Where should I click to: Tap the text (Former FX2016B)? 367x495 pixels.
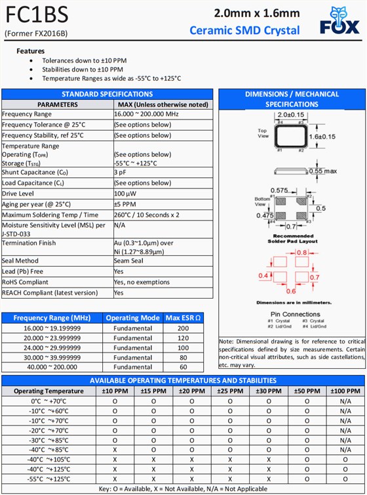coord(36,33)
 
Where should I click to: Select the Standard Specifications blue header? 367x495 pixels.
coord(107,94)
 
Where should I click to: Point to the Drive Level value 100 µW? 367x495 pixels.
coord(125,194)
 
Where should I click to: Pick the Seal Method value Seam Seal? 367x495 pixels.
coord(130,261)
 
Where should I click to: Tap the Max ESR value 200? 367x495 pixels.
coord(183,328)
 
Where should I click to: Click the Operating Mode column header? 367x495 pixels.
coord(132,318)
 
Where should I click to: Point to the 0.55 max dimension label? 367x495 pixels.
coord(322,171)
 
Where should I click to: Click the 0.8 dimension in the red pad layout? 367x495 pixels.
coord(302,252)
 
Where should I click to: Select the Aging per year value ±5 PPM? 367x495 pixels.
coord(125,204)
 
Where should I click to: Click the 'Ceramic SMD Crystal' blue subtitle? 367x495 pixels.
coord(244,30)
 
